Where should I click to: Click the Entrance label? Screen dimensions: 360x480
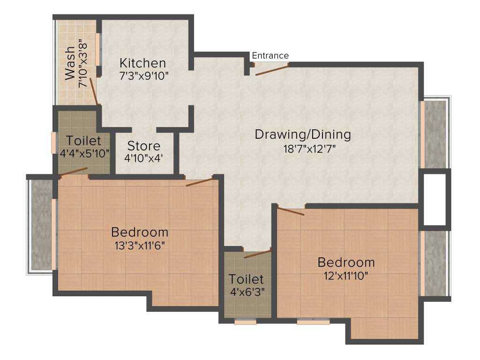coord(270,56)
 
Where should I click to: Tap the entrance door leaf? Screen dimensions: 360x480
coord(271,70)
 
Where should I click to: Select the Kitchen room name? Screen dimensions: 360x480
coord(142,63)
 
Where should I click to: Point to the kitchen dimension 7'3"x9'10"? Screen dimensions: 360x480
coord(144,75)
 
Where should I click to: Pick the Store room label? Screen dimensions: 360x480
coord(144,146)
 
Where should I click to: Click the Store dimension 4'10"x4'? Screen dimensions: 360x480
coord(144,158)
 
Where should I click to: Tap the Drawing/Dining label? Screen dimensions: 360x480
coord(302,135)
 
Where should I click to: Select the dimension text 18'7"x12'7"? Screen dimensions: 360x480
coord(302,149)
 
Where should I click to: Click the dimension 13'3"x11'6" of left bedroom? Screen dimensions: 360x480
coord(139,245)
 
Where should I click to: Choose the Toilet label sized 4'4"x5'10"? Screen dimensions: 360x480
coord(83,141)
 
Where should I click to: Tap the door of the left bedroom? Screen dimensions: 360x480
coord(200,182)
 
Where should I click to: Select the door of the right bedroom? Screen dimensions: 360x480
coord(291,212)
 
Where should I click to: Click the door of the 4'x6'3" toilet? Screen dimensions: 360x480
coord(257,255)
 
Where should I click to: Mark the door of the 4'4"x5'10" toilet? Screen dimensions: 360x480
coord(74,171)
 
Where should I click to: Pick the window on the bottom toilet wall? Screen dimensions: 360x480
coord(245,322)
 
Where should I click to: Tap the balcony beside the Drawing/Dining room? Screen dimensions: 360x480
coord(435,135)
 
